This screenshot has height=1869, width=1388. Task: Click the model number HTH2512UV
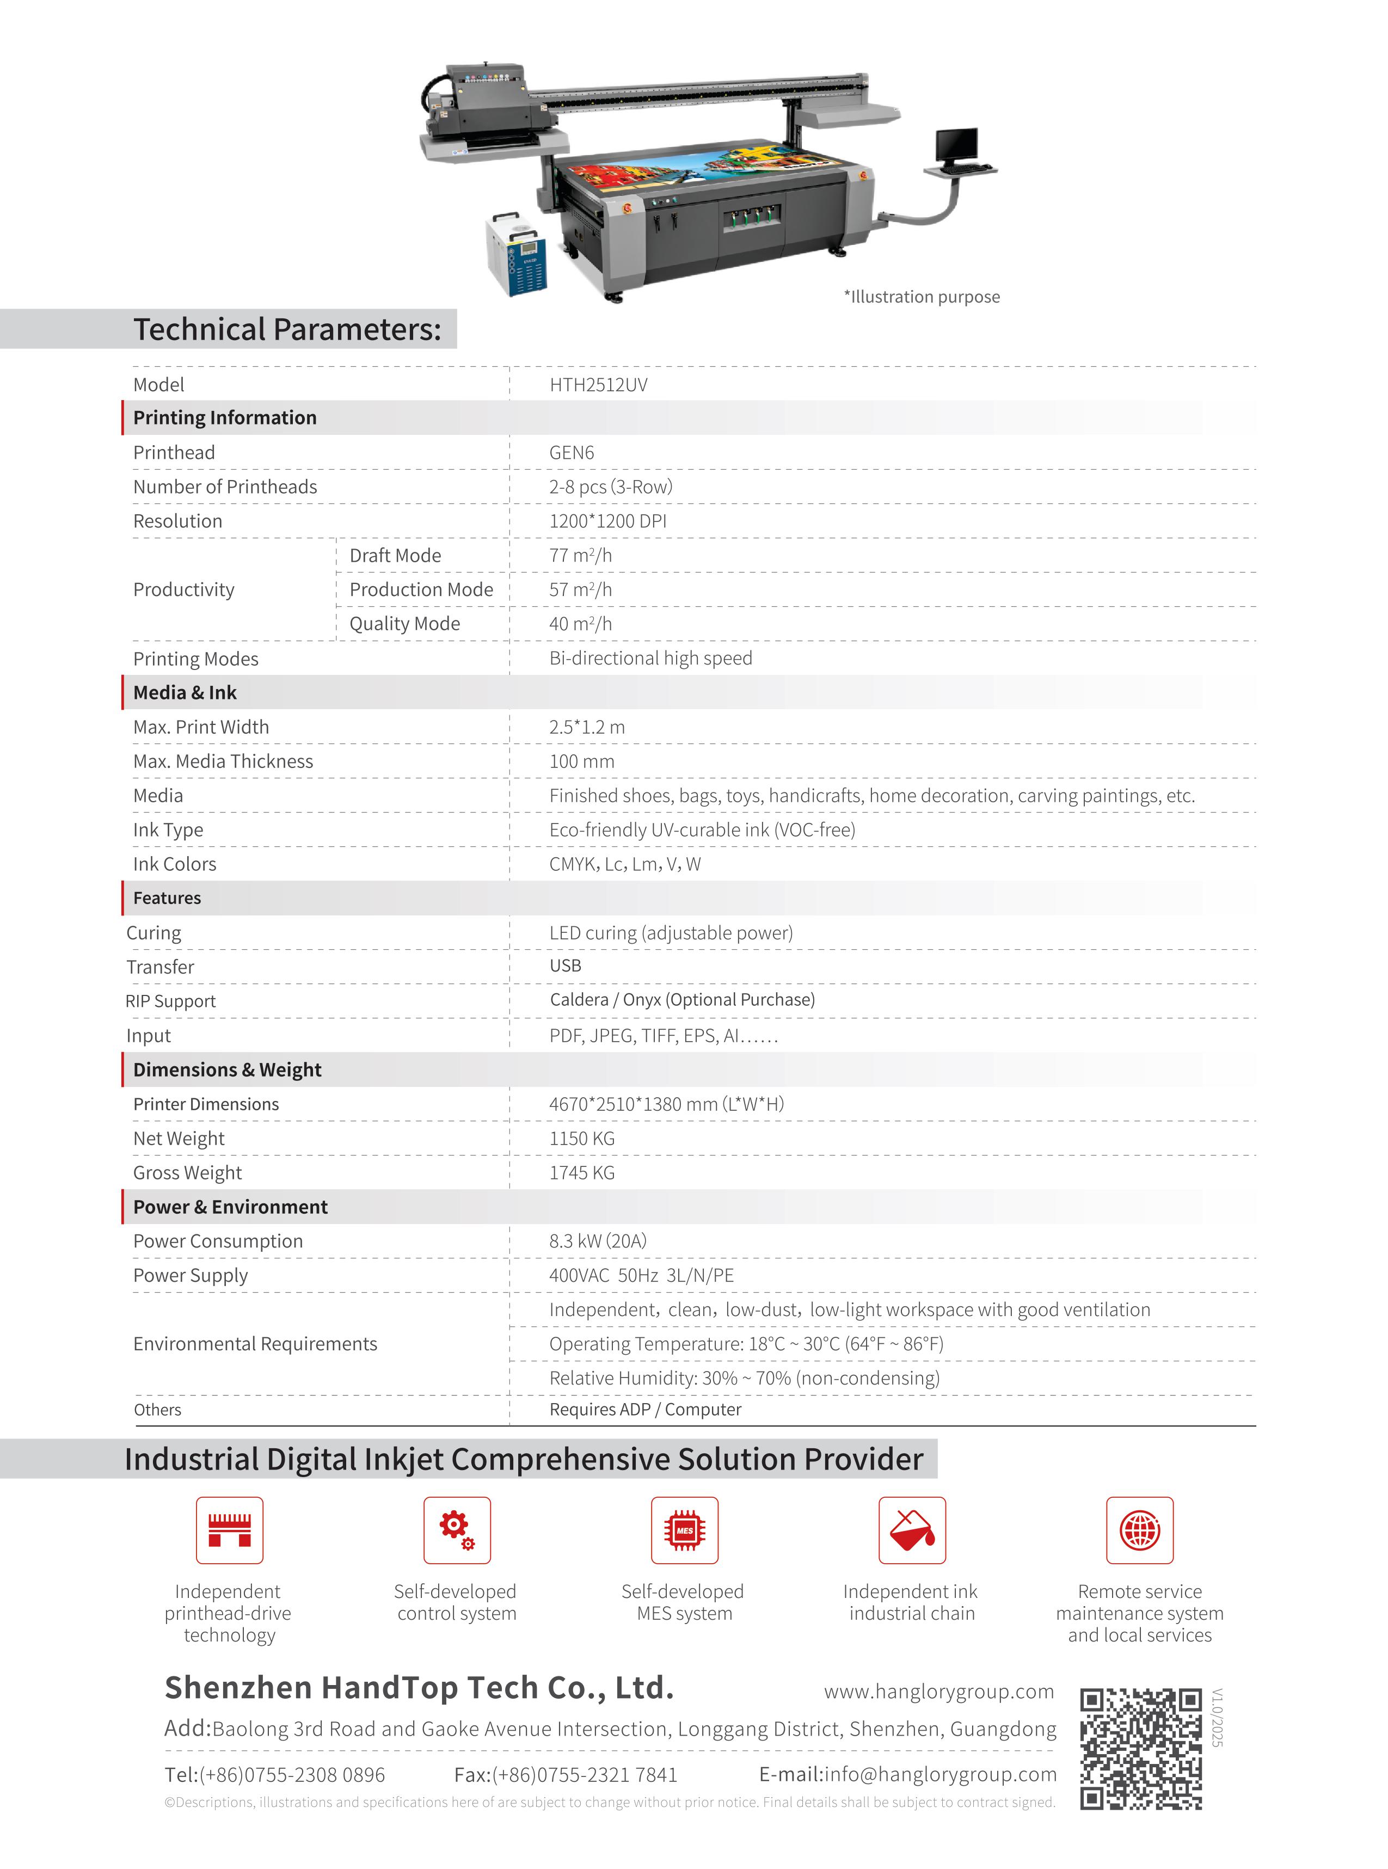598,385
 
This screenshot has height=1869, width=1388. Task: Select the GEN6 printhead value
572,453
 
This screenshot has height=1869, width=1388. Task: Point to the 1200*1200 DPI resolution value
607,521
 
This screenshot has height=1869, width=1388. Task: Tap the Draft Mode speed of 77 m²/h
581,555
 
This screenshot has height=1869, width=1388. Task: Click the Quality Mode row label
404,624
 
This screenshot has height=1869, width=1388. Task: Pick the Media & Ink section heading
185,692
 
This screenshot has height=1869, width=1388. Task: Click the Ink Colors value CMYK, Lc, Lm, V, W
624,864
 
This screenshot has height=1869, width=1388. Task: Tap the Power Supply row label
191,1275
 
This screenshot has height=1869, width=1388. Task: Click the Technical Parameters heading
286,329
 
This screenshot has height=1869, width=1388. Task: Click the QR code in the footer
1140,1748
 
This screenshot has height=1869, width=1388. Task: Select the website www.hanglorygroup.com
938,1691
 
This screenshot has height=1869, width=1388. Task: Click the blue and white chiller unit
516,254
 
